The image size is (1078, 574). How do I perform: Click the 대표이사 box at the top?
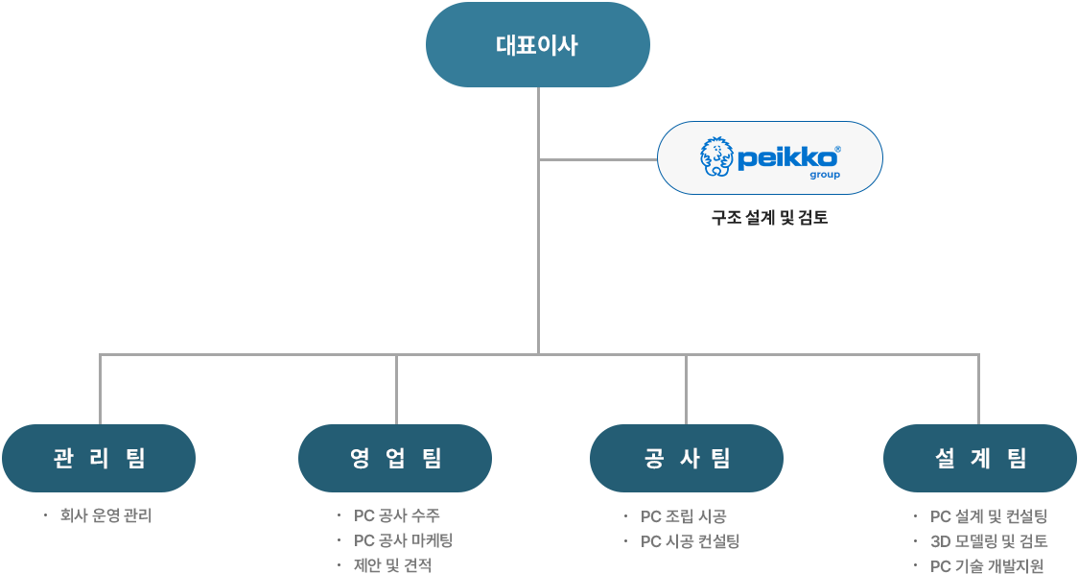coord(537,45)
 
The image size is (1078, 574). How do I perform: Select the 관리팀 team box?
coord(99,458)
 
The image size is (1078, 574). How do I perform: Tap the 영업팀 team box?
coord(395,458)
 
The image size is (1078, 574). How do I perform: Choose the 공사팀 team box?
coord(687,458)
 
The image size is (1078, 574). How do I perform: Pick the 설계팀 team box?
coord(979,458)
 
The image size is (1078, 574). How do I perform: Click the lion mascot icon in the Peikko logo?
coord(715,157)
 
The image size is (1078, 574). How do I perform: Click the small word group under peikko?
coord(824,176)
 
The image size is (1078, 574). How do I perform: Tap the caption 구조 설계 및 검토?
coord(769,218)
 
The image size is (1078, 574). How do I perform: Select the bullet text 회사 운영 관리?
coord(105,515)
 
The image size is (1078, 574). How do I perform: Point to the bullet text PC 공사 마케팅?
coord(403,540)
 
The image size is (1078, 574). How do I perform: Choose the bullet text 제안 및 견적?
coord(392,564)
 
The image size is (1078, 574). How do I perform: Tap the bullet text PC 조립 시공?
coord(684,516)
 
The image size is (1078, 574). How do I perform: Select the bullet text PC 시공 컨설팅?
coord(690,541)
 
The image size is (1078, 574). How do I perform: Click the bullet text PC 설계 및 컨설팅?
coord(988,516)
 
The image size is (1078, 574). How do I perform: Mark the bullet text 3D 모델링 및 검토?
coord(989,541)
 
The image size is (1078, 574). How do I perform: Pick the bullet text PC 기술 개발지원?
coord(987,565)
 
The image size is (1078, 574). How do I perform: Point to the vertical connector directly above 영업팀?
coord(395,389)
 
